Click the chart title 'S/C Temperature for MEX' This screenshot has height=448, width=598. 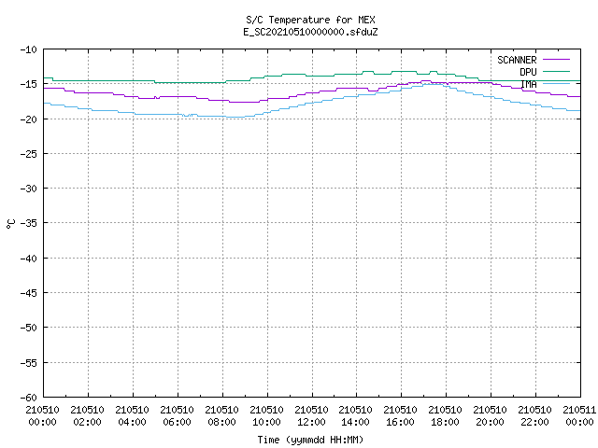click(310, 20)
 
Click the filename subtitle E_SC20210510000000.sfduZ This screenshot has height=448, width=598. click(310, 32)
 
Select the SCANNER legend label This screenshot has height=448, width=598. click(517, 60)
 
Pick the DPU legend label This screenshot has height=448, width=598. click(528, 72)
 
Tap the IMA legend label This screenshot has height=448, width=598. click(529, 84)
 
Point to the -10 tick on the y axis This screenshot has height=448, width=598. click(29, 49)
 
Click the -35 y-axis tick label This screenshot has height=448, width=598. click(29, 223)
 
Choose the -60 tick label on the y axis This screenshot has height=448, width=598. click(29, 398)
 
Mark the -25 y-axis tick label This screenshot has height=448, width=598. click(29, 154)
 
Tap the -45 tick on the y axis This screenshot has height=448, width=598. click(29, 293)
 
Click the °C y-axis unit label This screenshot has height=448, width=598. click(10, 224)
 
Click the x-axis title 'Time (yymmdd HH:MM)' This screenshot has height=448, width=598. click(310, 440)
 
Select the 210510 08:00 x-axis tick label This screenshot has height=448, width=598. click(222, 416)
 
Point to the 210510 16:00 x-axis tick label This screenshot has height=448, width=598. click(401, 416)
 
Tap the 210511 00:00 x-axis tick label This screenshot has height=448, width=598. click(579, 416)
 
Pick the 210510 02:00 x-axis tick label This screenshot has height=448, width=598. click(87, 416)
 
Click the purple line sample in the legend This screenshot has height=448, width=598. click(557, 60)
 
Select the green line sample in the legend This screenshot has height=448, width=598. click(557, 71)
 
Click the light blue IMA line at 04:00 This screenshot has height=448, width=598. click(133, 113)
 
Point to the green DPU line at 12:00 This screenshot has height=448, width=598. click(312, 76)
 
